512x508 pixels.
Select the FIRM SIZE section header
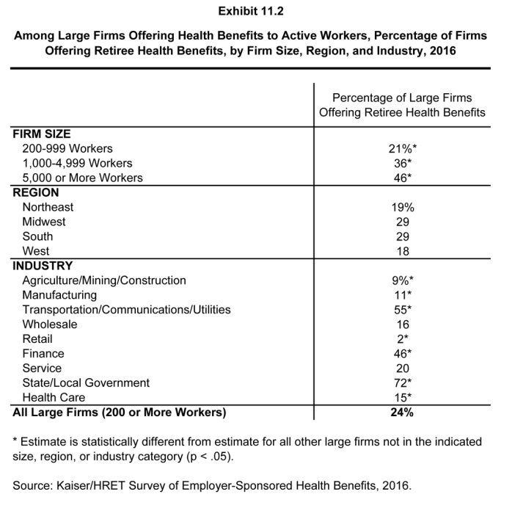42,134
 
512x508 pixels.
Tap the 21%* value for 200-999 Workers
402,148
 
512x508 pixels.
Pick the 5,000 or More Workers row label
82,178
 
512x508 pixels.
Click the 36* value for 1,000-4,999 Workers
402,163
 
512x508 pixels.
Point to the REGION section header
36,192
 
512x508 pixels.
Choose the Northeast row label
48,207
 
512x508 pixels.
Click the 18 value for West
401,251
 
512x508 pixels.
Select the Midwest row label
44,222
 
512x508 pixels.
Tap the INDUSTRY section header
43,266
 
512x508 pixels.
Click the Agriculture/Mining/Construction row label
104,280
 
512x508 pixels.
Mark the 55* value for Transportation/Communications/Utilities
402,310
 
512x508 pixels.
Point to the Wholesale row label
50,324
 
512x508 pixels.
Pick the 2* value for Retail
402,339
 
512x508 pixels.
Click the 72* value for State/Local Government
402,382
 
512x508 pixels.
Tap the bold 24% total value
402,412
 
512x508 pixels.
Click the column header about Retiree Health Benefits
402,105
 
